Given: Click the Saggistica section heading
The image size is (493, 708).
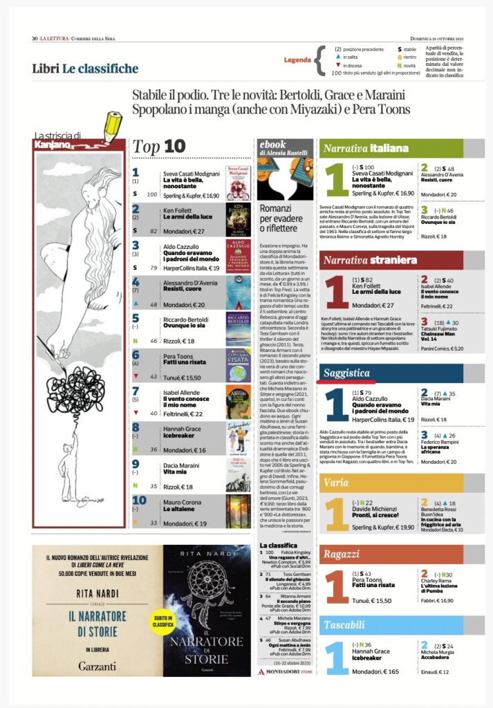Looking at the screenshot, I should click(344, 373).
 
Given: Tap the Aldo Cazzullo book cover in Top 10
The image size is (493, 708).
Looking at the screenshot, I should click(237, 256).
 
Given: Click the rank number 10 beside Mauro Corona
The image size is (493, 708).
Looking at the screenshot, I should click(139, 500).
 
